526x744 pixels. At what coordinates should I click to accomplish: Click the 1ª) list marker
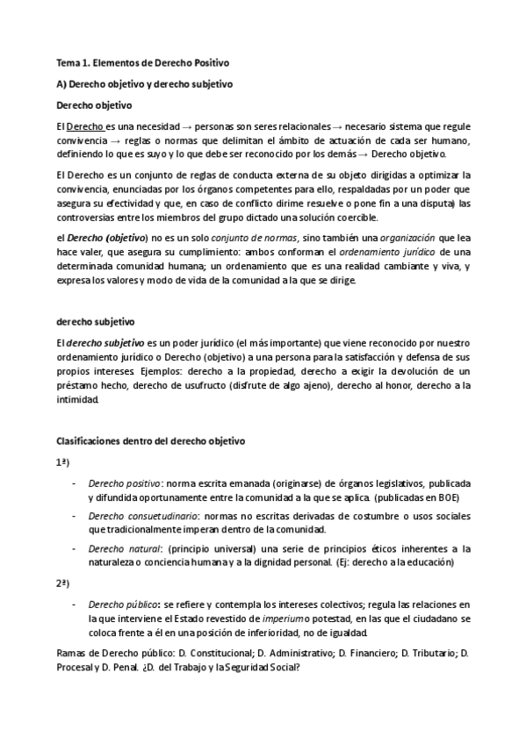(63, 461)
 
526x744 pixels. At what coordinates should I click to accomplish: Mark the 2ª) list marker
(63, 583)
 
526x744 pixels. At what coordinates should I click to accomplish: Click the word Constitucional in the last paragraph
(213, 655)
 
